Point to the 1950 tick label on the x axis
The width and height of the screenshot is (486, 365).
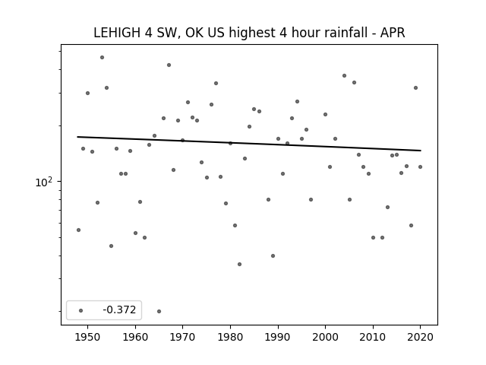88,337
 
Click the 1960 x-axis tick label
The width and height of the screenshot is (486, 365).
135,337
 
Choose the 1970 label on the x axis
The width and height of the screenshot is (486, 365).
182,337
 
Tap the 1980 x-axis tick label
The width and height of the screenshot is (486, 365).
230,337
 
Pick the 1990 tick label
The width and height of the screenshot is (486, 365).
278,337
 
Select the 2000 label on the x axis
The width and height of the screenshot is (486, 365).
326,337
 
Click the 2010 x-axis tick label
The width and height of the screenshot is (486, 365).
373,337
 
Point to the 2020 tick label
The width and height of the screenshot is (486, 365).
420,337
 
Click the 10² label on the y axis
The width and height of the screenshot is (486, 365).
44,182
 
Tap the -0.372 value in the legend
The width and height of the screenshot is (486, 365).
119,309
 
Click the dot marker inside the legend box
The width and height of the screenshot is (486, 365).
80,310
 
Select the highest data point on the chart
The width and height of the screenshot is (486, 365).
102,58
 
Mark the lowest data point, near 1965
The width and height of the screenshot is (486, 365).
159,311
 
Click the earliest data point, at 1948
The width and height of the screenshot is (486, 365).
78,230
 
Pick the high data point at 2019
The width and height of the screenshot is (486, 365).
415,88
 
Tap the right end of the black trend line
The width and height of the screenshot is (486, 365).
421,151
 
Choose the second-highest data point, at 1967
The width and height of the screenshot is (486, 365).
169,65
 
